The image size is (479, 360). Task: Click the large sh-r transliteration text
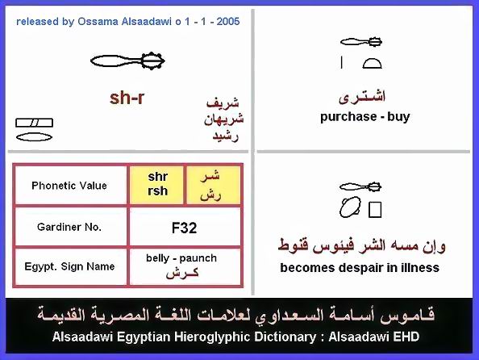coord(127,98)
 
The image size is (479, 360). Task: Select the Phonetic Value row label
coord(69,186)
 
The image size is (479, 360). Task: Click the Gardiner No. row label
coord(69,227)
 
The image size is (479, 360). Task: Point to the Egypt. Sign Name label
coord(69,266)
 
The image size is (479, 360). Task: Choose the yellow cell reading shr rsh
coord(156,184)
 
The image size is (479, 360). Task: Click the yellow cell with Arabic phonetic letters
coord(213,184)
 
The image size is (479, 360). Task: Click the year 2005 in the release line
coord(228,22)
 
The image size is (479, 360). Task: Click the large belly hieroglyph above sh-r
coord(127,61)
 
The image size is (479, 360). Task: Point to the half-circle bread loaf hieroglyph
coord(372,63)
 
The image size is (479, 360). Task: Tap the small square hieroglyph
coord(375,210)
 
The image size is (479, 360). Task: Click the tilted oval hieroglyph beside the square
coord(350,207)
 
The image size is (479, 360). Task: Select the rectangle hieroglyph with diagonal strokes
coord(34,123)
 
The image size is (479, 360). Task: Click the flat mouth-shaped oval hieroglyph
coord(34,137)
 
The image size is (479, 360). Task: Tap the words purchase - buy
coord(364,117)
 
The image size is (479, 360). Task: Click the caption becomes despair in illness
coord(360,268)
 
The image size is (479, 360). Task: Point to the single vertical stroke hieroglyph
coord(342,63)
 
